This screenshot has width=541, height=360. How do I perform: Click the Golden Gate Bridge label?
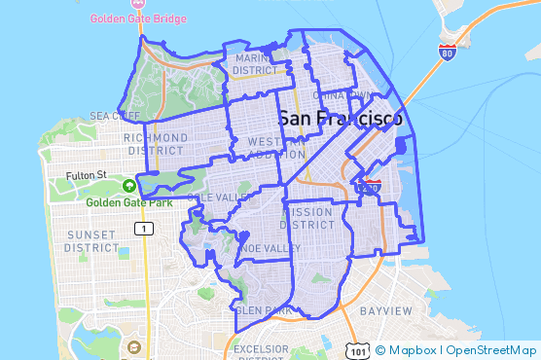click(139, 18)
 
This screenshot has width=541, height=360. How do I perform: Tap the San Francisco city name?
click(341, 119)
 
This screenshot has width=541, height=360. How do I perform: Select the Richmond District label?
click(156, 144)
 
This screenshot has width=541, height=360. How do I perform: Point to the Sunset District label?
click(90, 241)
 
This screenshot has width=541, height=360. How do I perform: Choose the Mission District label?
click(313, 218)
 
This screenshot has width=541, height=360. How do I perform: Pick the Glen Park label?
click(263, 310)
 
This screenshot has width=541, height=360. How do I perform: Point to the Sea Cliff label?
click(115, 116)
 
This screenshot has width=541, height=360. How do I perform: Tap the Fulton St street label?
click(86, 176)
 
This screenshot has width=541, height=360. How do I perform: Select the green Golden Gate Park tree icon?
click(129, 185)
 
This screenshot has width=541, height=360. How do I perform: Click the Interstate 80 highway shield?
click(447, 53)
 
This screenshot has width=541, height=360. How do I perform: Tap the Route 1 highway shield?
click(144, 229)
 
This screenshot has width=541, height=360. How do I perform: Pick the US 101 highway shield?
click(358, 349)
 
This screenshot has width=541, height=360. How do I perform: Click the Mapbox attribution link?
click(407, 349)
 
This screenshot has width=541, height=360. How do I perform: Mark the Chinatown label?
click(347, 94)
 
